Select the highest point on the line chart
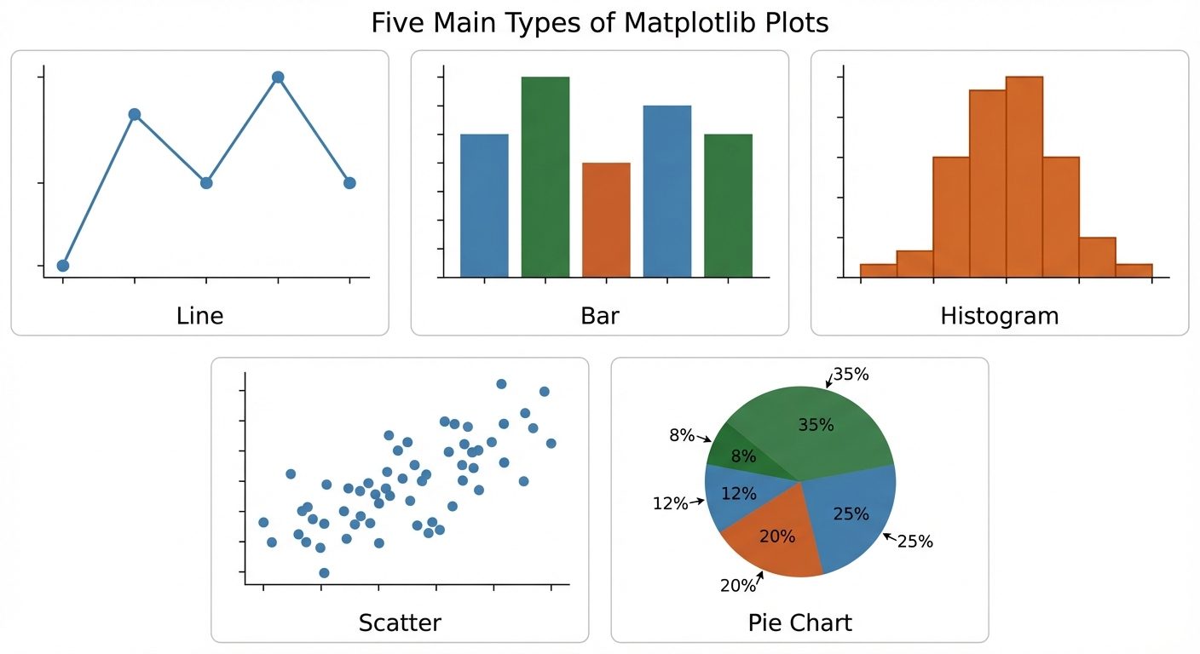278,77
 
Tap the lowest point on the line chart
63,266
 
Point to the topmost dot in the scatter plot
501,384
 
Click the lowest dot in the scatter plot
324,573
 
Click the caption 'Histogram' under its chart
999,316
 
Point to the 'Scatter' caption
400,622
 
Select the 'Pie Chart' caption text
799,622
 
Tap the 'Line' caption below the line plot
199,316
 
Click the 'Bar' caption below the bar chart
599,316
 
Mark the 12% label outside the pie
670,503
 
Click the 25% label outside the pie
914,542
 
